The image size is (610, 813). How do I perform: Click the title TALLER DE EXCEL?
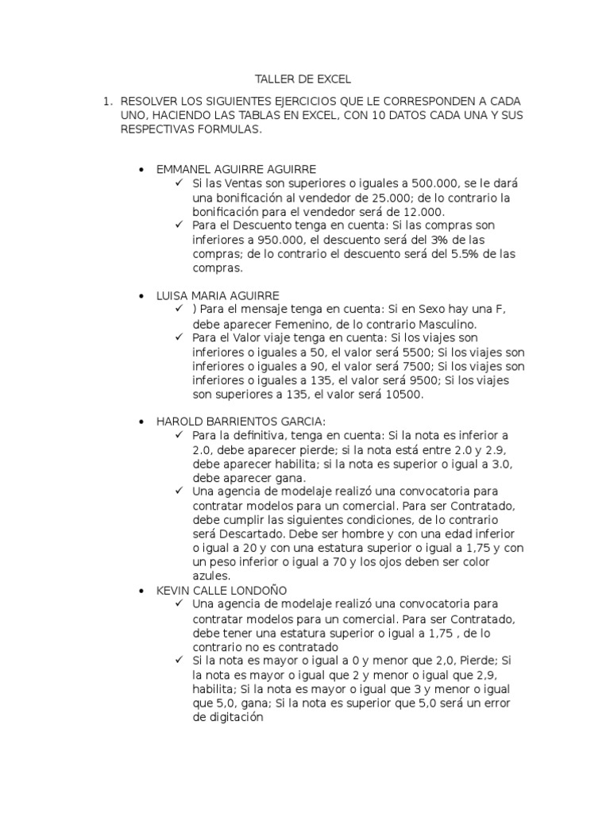tap(302, 79)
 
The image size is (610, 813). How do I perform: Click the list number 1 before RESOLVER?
tap(103, 102)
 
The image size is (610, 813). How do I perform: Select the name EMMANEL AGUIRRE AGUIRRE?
tap(237, 169)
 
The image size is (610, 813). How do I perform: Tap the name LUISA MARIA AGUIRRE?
tap(218, 295)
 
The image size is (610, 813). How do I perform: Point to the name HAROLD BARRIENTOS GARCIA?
tap(241, 422)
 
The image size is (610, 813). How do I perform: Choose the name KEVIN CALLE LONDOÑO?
tap(222, 591)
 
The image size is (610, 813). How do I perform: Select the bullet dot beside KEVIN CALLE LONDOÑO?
tap(141, 591)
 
